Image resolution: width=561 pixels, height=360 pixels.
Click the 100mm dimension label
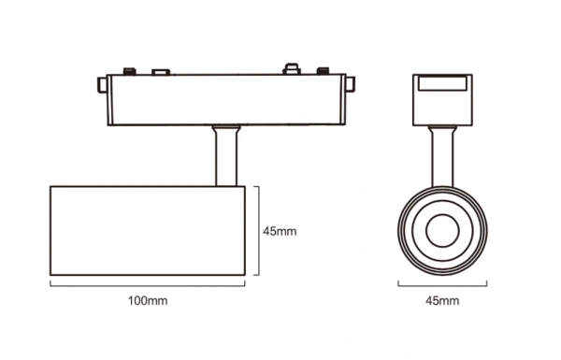point(148,301)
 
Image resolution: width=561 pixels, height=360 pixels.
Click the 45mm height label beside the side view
point(280,231)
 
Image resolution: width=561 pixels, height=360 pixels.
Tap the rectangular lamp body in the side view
point(148,231)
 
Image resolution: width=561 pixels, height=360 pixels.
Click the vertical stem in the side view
point(225,157)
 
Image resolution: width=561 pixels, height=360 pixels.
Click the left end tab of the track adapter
point(101,85)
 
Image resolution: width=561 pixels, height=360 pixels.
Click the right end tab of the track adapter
point(351,85)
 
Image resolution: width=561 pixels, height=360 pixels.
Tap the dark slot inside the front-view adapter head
point(440,84)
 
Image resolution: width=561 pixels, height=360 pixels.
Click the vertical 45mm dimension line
point(257,231)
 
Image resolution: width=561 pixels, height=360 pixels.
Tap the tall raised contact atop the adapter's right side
point(291,69)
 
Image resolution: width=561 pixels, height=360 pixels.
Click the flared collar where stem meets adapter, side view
point(225,129)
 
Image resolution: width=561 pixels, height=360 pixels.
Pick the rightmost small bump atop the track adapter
point(324,71)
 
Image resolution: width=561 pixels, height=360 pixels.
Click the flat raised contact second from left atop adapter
point(160,71)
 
